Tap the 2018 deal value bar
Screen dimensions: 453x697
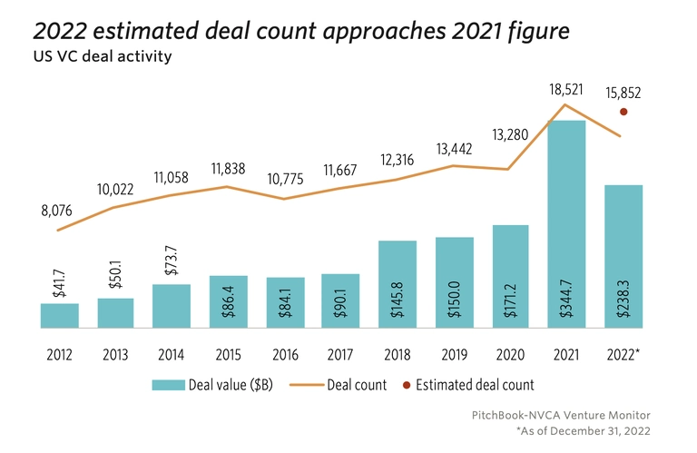click(x=398, y=283)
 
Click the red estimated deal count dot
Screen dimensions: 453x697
click(x=623, y=112)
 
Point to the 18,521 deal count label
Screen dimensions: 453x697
click(x=566, y=92)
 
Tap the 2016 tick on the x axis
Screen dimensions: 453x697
click(x=285, y=354)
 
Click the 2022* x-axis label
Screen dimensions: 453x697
click(x=624, y=354)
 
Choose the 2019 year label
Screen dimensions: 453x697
click(x=454, y=354)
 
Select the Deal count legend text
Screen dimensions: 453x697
click(x=357, y=385)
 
